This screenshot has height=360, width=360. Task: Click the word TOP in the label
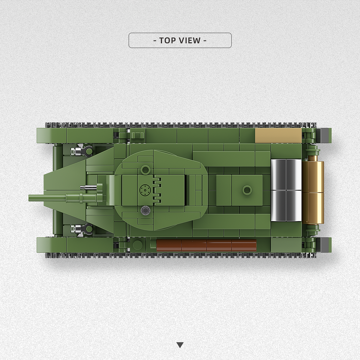[168, 40]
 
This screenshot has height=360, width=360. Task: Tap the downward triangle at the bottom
[180, 345]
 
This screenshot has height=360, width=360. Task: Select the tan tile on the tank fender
[278, 136]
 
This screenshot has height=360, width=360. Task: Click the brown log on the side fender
[206, 245]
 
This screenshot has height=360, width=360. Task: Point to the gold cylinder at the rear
[313, 192]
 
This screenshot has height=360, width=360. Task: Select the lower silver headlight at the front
[76, 229]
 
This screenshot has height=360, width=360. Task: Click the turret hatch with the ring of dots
[145, 190]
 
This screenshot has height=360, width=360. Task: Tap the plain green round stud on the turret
[145, 170]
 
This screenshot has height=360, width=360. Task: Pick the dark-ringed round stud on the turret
[145, 210]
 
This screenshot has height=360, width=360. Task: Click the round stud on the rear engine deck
[247, 190]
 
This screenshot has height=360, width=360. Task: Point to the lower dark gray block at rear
[325, 245]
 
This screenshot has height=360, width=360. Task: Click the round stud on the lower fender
[137, 245]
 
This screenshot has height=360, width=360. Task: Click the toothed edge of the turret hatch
[158, 190]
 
